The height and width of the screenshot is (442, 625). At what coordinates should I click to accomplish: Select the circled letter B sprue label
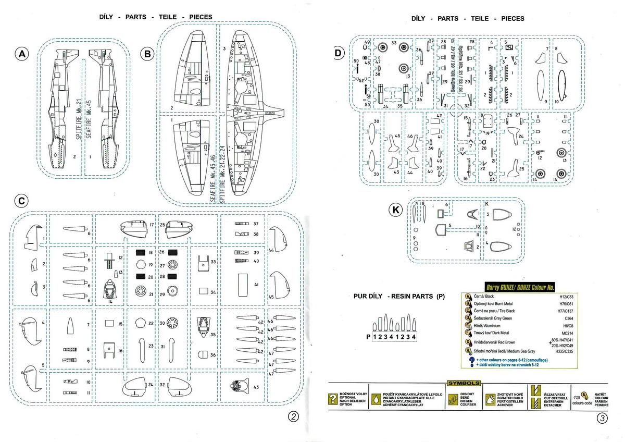[148, 54]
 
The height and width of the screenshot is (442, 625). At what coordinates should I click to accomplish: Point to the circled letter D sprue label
[339, 53]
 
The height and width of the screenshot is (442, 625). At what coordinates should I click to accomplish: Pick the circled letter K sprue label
[397, 210]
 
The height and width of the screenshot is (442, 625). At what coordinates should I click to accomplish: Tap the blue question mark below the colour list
[471, 360]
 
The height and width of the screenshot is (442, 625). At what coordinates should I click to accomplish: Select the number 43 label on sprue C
[256, 387]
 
